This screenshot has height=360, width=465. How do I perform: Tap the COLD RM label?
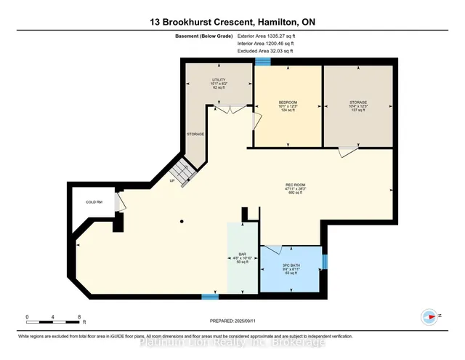(93, 201)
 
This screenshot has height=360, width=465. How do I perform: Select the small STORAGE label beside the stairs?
(195, 134)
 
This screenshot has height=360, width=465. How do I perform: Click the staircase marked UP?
(183, 173)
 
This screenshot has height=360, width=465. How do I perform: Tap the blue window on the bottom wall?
(209, 296)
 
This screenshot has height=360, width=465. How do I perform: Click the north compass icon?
(429, 316)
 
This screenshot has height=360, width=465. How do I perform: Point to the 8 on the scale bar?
(78, 317)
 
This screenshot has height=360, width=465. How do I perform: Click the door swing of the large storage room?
(348, 151)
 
